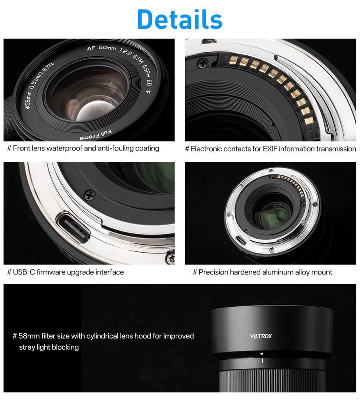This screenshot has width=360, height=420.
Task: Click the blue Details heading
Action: pos(180,19)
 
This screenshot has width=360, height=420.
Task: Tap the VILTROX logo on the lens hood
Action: pos(261,336)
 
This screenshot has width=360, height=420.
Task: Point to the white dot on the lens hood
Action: pos(261,353)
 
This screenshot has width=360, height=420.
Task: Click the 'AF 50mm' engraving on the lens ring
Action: pos(101,48)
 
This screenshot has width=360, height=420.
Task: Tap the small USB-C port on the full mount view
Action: pos(241,240)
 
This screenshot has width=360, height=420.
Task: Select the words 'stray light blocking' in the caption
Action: pos(49,347)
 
